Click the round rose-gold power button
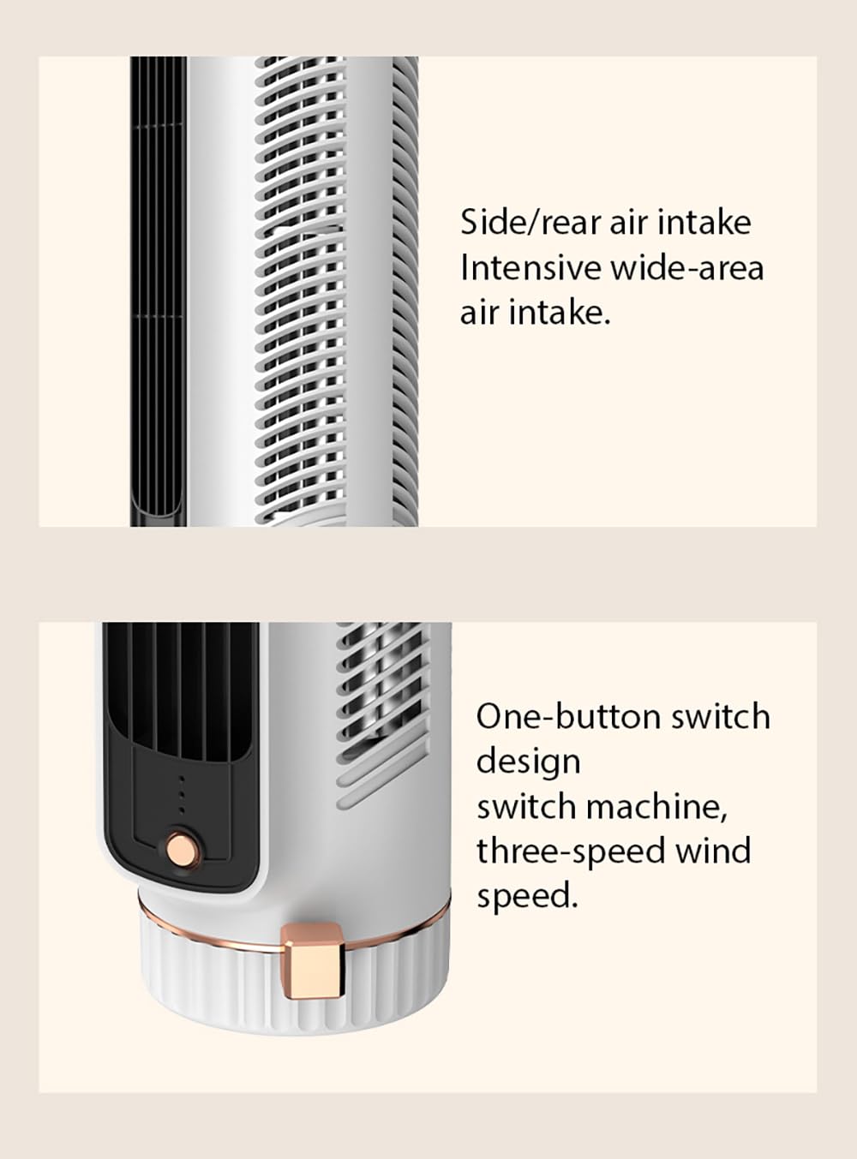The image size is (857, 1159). (x=183, y=849)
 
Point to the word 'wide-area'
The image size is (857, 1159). (x=687, y=269)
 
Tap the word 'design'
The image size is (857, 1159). (x=529, y=763)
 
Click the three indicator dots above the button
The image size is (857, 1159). (x=182, y=794)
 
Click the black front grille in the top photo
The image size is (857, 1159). (x=158, y=291)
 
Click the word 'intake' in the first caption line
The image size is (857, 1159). (x=704, y=223)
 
